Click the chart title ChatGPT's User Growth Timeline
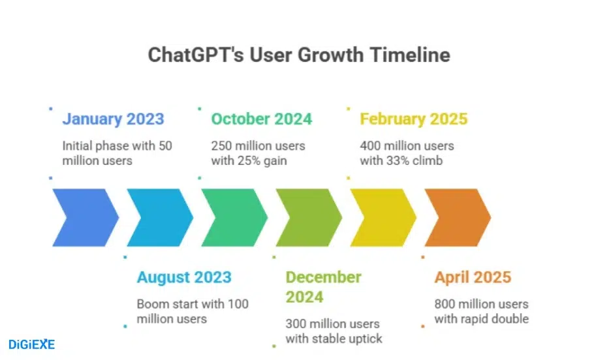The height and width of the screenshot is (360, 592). (x=299, y=54)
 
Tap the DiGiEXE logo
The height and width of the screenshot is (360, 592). (x=31, y=344)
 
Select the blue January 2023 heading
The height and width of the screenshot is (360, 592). (x=113, y=119)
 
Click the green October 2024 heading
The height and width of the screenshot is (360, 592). (x=261, y=119)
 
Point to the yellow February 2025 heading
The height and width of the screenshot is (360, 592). (x=413, y=119)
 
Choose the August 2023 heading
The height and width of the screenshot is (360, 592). (x=183, y=277)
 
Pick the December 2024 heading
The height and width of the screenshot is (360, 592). (x=323, y=287)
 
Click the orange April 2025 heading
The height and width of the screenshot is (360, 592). (x=473, y=277)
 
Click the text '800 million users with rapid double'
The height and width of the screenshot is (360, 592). (x=481, y=311)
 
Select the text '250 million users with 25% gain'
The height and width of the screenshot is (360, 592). (x=258, y=153)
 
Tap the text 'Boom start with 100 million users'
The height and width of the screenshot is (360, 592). (x=192, y=311)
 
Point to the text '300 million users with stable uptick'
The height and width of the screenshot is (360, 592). (x=332, y=331)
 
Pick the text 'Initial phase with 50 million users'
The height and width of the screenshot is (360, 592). (x=117, y=153)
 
